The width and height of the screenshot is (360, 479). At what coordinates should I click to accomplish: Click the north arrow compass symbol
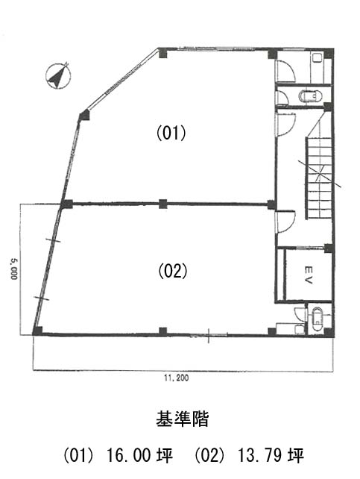(x=57, y=76)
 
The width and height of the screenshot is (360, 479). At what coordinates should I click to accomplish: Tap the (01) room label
(x=171, y=134)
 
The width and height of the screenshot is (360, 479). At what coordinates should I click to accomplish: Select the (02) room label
(x=173, y=271)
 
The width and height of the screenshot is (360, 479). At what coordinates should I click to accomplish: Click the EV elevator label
(x=308, y=275)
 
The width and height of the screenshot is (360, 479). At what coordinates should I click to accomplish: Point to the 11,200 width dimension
(x=177, y=378)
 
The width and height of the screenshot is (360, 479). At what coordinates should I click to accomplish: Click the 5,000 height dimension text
(x=13, y=269)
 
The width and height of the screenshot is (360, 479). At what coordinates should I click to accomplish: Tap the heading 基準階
(x=183, y=419)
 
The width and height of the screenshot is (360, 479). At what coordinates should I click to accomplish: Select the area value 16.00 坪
(x=139, y=455)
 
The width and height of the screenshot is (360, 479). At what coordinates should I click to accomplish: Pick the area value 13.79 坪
(x=271, y=455)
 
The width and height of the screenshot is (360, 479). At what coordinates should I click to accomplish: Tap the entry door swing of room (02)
(x=285, y=222)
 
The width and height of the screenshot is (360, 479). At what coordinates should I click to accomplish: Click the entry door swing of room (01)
(x=285, y=124)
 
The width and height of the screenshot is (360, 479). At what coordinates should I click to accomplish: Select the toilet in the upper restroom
(x=312, y=96)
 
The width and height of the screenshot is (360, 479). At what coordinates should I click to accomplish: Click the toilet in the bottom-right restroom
(x=318, y=319)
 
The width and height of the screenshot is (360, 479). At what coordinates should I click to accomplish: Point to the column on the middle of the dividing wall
(x=163, y=204)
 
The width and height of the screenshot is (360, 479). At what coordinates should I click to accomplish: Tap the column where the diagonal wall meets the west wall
(x=84, y=116)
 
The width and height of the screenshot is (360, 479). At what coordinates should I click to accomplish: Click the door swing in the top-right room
(x=285, y=71)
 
